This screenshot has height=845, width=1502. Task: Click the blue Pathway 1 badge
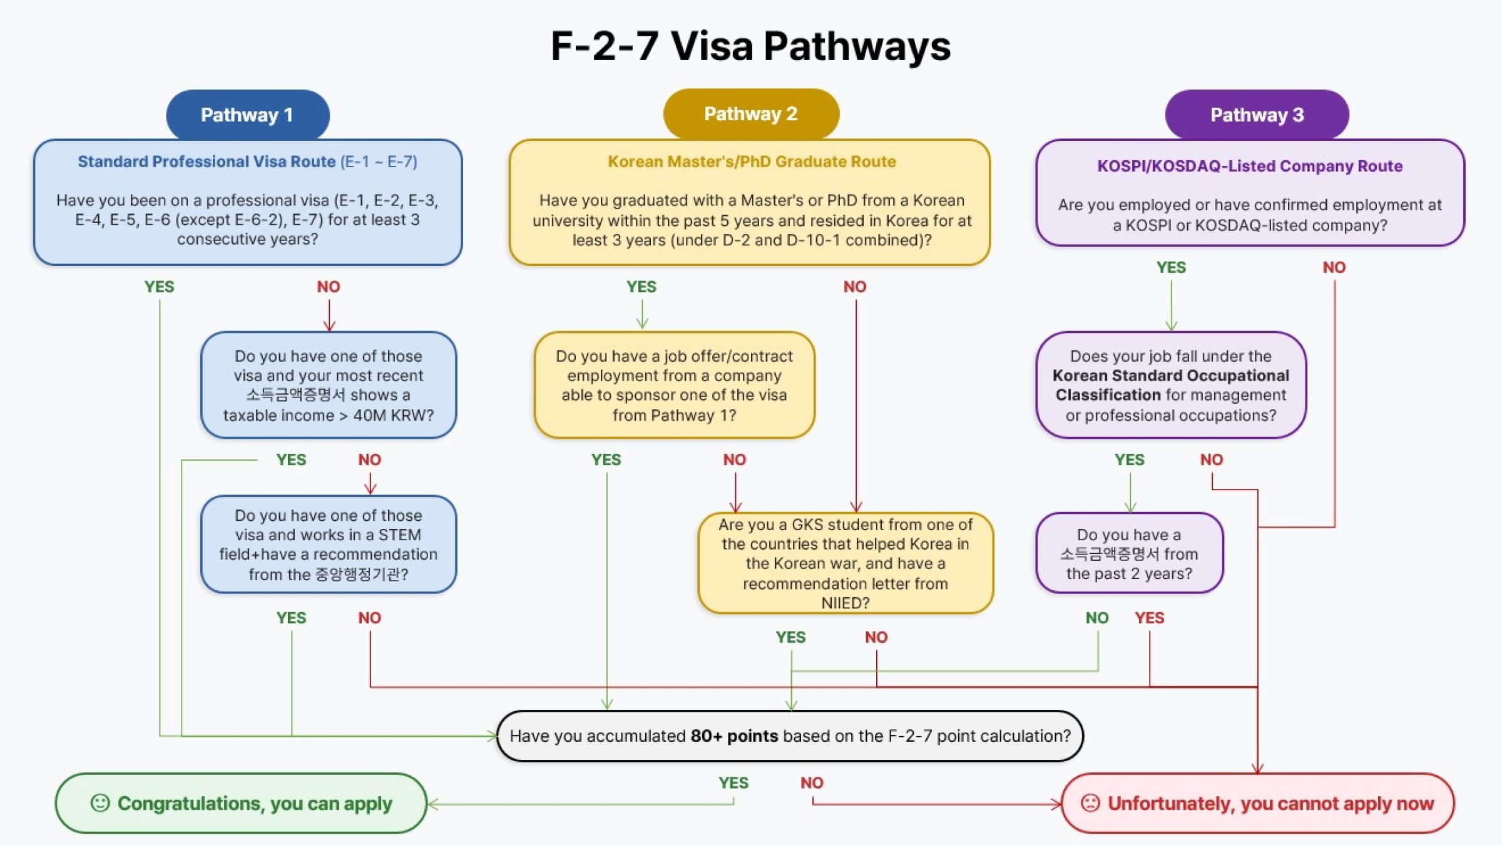point(247,115)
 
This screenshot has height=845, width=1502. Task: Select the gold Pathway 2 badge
point(750,114)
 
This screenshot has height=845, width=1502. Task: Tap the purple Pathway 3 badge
point(1257,115)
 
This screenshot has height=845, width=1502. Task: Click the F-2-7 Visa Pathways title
point(750,46)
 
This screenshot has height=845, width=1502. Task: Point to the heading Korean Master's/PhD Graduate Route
point(752,161)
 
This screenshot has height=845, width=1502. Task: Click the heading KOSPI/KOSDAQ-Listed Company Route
point(1249,166)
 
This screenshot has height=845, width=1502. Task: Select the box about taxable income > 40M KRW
point(329,385)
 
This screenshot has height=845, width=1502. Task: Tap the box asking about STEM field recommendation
point(329,545)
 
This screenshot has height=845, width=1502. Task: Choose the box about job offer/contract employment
point(674,385)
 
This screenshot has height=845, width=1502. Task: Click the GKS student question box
point(845,563)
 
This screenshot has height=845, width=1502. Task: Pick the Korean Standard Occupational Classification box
point(1170,385)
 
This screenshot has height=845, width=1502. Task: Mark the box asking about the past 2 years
point(1129,553)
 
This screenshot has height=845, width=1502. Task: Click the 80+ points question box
point(790,735)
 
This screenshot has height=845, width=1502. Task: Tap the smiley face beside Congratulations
point(100,803)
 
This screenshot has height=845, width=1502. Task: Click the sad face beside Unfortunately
point(1090,803)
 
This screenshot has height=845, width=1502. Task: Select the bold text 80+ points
point(733,735)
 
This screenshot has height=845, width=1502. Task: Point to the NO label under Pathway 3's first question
point(1334,267)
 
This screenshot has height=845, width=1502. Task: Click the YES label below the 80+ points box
point(733,782)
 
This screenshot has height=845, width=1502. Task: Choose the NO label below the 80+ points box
point(812,782)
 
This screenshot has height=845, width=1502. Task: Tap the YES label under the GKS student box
point(790,637)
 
